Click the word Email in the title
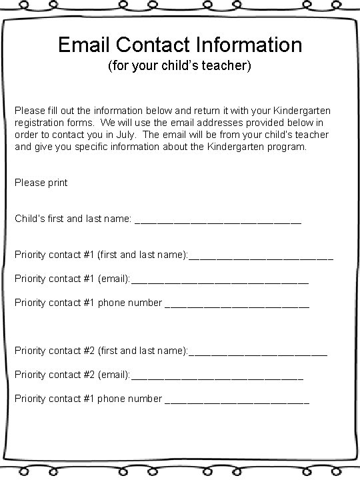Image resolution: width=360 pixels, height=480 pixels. (84, 45)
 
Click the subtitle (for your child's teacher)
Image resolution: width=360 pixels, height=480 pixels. (179, 67)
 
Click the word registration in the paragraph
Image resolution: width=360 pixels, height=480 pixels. (39, 122)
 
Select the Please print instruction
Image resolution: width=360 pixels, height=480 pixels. (41, 182)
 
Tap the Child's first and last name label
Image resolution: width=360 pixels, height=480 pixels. (73, 218)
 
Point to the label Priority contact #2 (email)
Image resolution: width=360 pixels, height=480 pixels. (72, 375)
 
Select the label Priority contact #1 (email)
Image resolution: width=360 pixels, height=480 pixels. (72, 279)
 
